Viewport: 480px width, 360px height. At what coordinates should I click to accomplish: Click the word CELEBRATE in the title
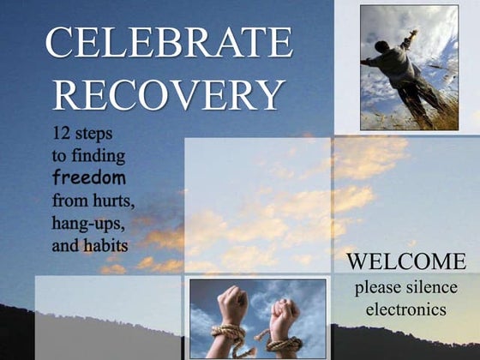coord(168,42)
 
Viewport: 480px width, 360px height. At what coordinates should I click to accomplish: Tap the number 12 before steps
coord(63,135)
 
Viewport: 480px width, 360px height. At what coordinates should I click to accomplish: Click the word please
coord(379,286)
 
